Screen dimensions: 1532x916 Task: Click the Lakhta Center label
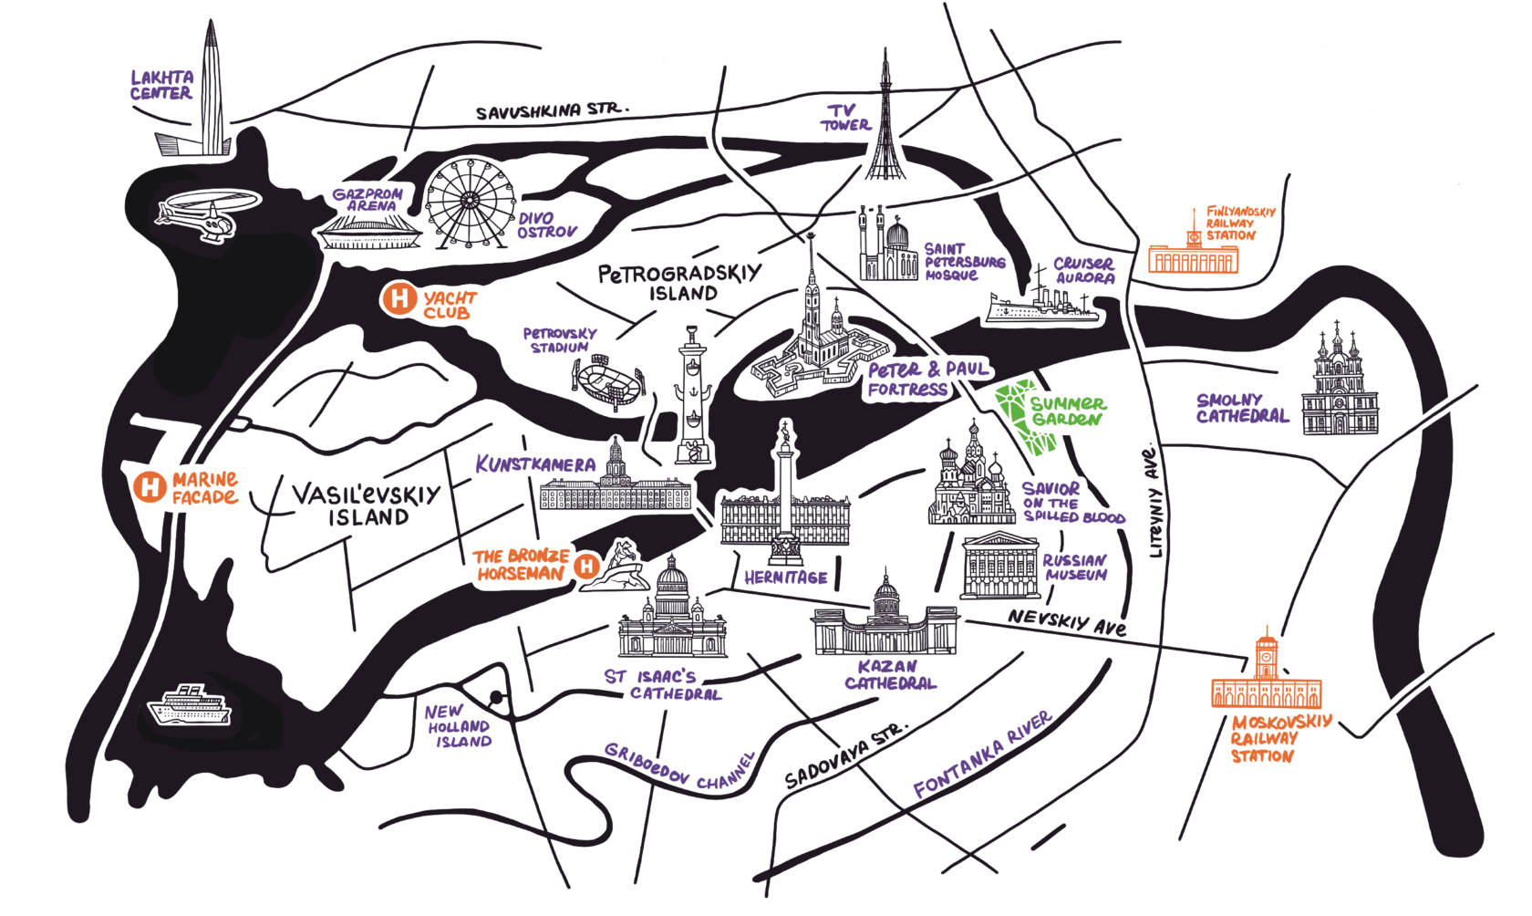point(162,85)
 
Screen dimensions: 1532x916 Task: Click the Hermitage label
point(785,577)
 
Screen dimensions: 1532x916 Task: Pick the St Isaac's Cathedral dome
point(672,580)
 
